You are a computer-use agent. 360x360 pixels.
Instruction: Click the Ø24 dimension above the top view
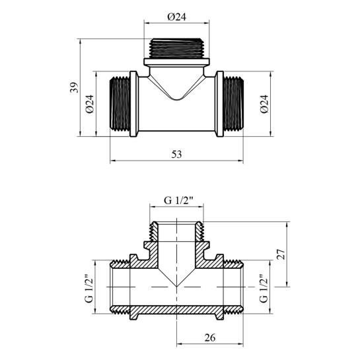pos(176,17)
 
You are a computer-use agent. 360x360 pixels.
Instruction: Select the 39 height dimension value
pos(74,87)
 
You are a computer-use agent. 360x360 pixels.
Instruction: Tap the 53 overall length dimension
pos(176,155)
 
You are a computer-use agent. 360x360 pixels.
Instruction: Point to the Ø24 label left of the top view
pos(90,104)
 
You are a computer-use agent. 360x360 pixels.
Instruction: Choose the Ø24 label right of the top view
pos(264,104)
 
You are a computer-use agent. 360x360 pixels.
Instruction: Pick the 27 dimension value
pos(281,254)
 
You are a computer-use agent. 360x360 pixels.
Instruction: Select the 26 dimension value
pos(210,338)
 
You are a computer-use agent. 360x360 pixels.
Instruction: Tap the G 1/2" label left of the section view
pos(89,288)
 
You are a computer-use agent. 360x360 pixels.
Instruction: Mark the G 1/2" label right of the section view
pos(264,288)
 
